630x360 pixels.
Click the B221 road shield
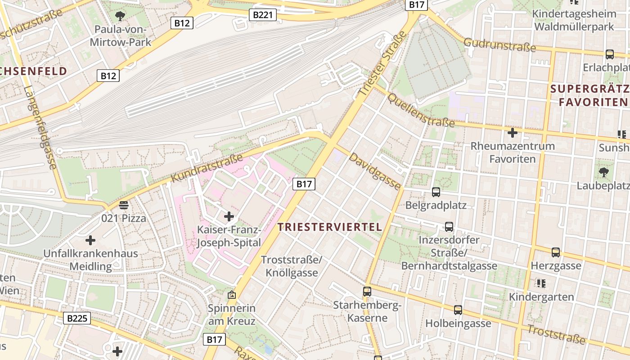tap(263, 15)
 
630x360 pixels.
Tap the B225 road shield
tap(76, 318)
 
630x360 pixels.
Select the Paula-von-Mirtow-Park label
tap(121, 36)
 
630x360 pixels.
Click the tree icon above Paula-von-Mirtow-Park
tap(120, 17)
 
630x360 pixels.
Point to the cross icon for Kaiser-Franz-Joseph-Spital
tap(229, 216)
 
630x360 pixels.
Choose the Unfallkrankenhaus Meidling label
tap(90, 260)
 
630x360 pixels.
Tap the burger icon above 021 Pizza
tap(124, 205)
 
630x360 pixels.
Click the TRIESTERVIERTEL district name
tap(330, 227)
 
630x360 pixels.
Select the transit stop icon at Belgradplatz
tap(436, 192)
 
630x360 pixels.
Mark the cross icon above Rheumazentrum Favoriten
tap(512, 133)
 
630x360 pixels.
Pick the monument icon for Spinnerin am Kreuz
tap(232, 295)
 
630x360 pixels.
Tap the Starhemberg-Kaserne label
tap(367, 311)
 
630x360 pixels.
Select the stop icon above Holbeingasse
tap(458, 310)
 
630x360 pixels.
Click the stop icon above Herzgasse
tap(556, 252)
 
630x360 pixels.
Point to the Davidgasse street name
tap(375, 171)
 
